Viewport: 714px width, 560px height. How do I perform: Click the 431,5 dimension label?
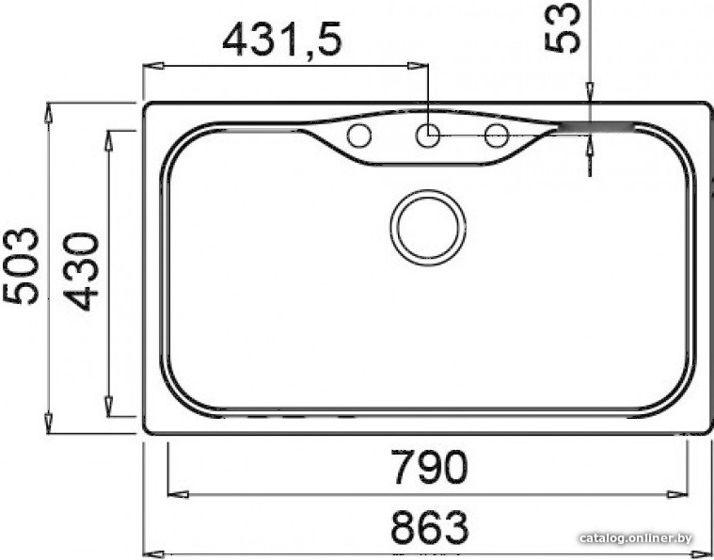pos(282,40)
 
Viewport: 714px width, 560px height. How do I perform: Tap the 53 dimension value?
pos(563,27)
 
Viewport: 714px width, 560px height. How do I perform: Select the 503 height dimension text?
pos(21,265)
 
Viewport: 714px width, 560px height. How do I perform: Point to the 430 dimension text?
pos(81,272)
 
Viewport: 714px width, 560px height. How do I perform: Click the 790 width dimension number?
pos(429,468)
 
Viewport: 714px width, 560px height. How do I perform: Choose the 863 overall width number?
pos(429,528)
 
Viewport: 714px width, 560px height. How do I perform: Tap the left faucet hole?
pos(358,136)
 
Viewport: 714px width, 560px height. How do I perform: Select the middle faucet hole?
pos(428,136)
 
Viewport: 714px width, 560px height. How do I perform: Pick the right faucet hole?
pos(497,136)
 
